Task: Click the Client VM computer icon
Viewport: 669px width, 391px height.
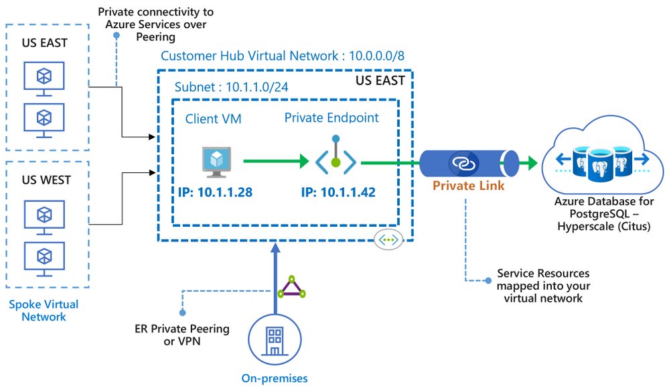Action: tap(216, 162)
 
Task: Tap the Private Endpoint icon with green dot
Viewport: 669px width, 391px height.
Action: tap(336, 157)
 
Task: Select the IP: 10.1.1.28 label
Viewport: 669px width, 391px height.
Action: tap(215, 192)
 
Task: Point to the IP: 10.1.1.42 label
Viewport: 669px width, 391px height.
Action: tap(338, 192)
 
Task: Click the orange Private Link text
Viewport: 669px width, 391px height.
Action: tap(469, 186)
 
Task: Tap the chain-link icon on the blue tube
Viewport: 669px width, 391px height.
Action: tap(463, 163)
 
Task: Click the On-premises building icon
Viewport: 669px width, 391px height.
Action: tap(275, 340)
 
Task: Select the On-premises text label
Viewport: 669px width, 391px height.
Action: tap(275, 378)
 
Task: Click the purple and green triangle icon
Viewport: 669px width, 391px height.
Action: tap(291, 287)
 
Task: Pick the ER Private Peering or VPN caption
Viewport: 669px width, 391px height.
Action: tap(182, 335)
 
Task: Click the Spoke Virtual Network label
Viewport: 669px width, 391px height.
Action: tap(44, 311)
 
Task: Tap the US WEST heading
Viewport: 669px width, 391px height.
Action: tap(46, 180)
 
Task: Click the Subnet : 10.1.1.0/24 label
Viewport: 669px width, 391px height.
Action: tap(231, 87)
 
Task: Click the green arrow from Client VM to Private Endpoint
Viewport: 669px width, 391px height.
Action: tap(276, 161)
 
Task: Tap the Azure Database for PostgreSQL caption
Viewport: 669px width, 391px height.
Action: tap(604, 214)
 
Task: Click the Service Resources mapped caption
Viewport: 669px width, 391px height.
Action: tap(543, 286)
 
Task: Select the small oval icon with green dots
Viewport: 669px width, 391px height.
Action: tap(388, 239)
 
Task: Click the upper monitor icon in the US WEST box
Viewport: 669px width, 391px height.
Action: tap(44, 217)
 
